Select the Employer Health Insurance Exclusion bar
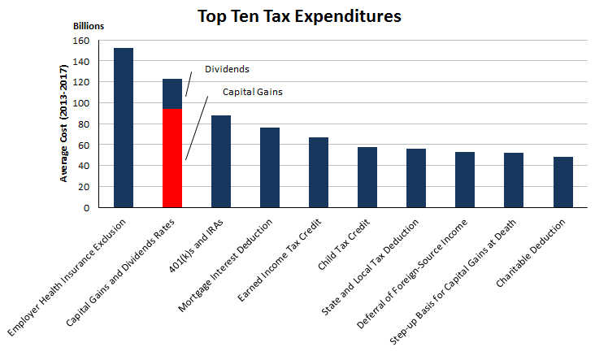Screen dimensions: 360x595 124,128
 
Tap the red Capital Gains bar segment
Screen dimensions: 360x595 172,158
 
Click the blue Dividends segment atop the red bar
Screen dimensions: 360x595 172,93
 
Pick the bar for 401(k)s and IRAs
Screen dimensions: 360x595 221,161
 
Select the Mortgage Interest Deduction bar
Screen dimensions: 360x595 270,167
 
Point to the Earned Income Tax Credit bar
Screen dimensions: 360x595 319,172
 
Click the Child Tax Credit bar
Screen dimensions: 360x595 367,177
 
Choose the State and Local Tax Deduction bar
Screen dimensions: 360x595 416,178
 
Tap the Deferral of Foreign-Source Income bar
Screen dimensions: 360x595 465,180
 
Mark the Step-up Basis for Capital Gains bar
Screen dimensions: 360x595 514,180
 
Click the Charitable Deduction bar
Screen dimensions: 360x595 563,182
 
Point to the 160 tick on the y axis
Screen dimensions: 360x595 81,41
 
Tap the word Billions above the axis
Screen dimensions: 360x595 88,26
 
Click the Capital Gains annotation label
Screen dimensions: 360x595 252,92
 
